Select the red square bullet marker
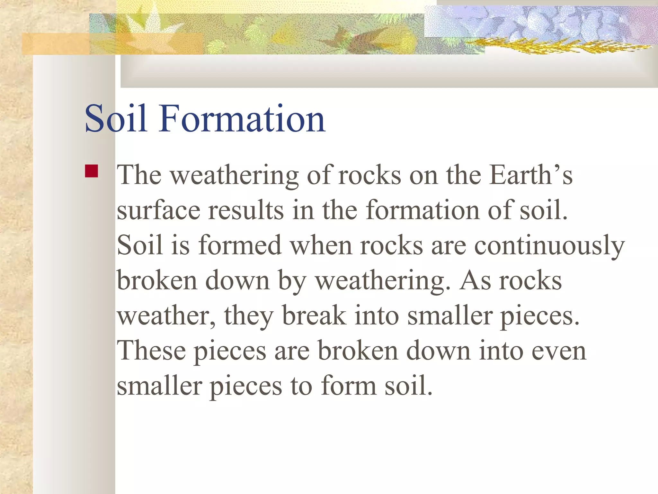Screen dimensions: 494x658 (x=92, y=171)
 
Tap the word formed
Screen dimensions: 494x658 (x=240, y=245)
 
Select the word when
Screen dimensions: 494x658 (x=321, y=245)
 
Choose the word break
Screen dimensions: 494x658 (x=314, y=316)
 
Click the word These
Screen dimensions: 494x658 (x=151, y=351)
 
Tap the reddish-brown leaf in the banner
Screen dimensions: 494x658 (x=353, y=39)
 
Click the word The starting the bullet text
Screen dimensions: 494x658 (x=139, y=175)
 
